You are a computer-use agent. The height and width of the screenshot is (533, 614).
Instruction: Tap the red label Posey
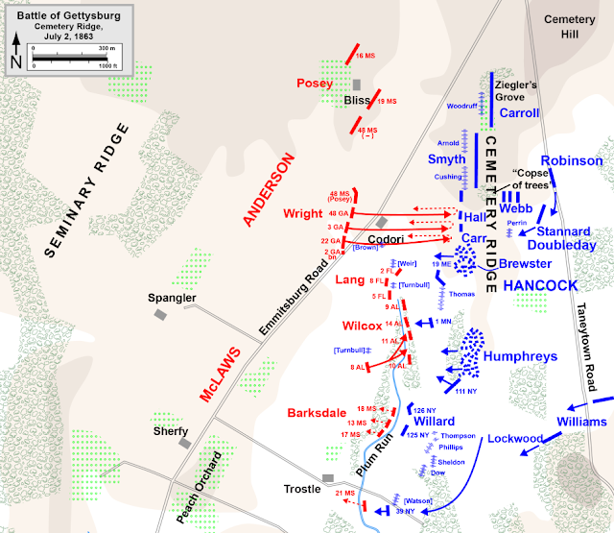tap(316, 83)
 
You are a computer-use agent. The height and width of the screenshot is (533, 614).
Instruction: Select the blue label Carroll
tap(519, 113)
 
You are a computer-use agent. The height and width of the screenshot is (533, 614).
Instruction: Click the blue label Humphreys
tap(521, 356)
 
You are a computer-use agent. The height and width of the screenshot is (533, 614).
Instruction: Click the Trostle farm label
tap(302, 489)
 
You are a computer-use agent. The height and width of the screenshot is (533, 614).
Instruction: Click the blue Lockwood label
tap(516, 439)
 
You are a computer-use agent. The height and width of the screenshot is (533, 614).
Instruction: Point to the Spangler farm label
tap(173, 298)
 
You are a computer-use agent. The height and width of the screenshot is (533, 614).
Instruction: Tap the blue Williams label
tap(582, 423)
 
